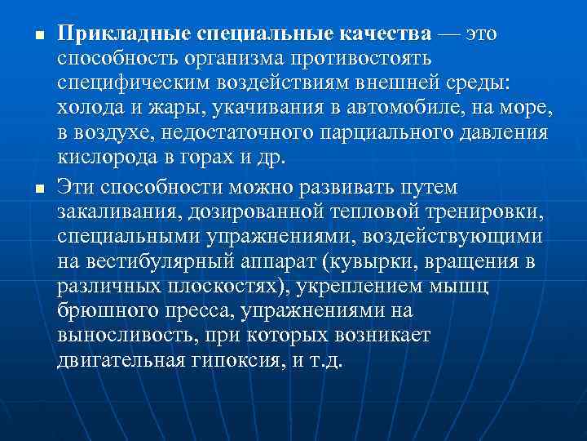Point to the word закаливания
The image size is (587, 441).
pos(121,212)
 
